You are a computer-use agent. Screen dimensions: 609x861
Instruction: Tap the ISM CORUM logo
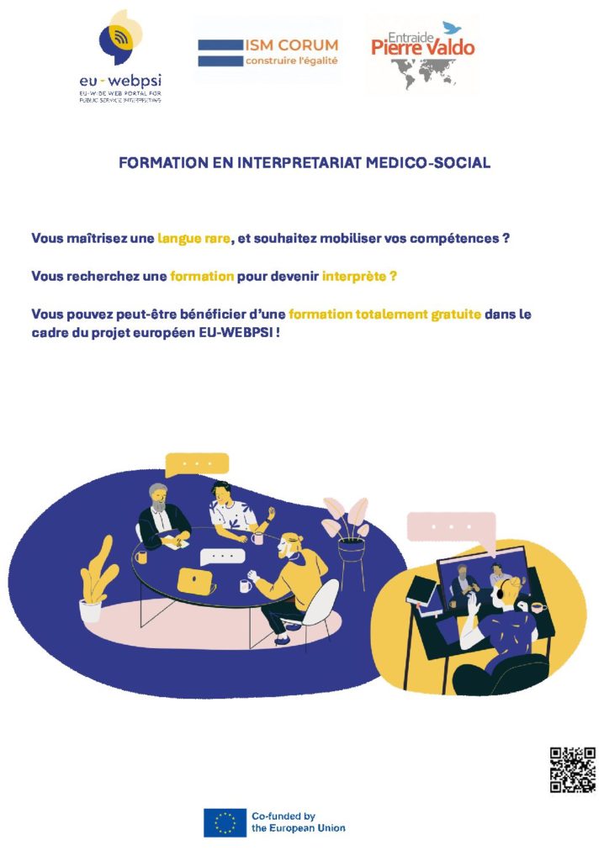tap(268, 52)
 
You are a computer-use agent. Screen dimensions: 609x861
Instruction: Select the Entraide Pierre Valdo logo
tap(422, 55)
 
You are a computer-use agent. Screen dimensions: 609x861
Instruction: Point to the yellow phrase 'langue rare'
tap(193, 238)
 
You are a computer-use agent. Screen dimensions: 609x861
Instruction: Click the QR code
tap(573, 770)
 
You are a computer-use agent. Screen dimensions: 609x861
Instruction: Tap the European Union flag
tap(225, 822)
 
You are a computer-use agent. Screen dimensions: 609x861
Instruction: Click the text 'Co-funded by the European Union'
tap(298, 822)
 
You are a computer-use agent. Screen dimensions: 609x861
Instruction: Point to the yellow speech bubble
tap(197, 465)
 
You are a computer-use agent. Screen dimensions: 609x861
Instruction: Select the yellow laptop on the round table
tap(196, 580)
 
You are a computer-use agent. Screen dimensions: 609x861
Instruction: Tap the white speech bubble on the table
tap(222, 557)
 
